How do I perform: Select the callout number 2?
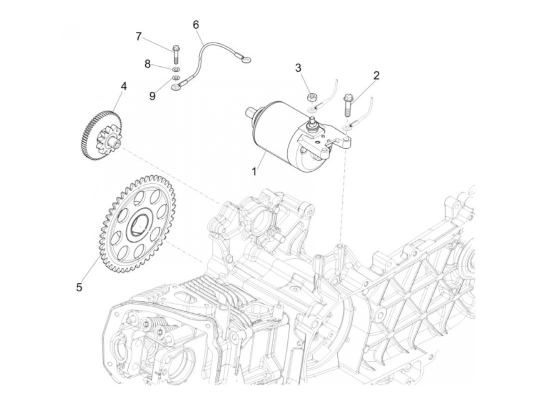(376, 75)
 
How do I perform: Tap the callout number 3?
(298, 68)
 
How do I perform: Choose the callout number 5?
(79, 286)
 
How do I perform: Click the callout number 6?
(196, 25)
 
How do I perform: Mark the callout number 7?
(139, 37)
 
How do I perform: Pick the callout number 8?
(147, 64)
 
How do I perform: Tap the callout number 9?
(152, 96)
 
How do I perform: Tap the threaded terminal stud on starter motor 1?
(312, 123)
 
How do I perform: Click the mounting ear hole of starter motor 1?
(347, 137)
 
